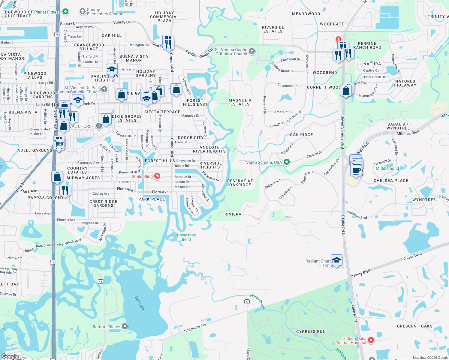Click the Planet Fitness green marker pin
[x=65, y=12]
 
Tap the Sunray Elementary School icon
[x=82, y=12]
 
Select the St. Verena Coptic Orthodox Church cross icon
[x=252, y=51]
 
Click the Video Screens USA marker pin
[x=287, y=162]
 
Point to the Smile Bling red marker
[x=157, y=176]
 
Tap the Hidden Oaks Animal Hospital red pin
[x=371, y=340]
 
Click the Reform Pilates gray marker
[x=125, y=326]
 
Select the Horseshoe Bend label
[x=186, y=237]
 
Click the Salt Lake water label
[x=140, y=303]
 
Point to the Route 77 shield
[x=247, y=301]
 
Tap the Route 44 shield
[x=101, y=281]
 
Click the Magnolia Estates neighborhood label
[x=240, y=102]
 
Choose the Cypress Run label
[x=311, y=331]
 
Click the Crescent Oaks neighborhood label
[x=414, y=326]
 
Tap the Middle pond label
[x=387, y=168]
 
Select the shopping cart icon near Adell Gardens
[x=59, y=144]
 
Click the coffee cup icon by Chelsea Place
[x=356, y=171]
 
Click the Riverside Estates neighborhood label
[x=273, y=29]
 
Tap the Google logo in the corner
[x=10, y=356]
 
